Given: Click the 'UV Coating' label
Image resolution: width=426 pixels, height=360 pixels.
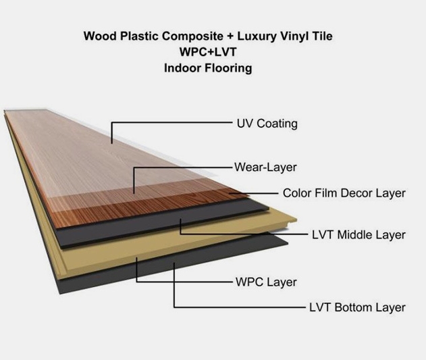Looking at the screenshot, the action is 267,124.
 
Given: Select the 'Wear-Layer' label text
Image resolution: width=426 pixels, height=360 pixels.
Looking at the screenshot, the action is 265,168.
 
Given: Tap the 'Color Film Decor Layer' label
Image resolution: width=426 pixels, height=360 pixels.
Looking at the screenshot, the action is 344,193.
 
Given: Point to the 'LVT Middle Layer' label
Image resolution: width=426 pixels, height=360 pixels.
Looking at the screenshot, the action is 358,234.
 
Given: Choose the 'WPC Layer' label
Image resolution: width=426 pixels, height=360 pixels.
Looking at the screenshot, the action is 266,282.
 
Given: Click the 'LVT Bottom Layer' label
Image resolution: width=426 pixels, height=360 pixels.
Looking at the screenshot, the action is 357,307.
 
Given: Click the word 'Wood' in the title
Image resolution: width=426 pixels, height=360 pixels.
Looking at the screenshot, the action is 100,36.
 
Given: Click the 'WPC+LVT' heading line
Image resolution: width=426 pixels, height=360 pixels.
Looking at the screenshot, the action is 208,51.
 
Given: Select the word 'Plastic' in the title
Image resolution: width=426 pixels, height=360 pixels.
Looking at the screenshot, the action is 139,36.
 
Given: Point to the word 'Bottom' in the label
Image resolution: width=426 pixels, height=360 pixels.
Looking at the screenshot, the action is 353,307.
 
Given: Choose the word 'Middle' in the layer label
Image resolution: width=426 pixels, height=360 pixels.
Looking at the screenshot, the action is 354,234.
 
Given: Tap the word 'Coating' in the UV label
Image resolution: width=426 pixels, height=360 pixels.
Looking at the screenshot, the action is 277,124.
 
